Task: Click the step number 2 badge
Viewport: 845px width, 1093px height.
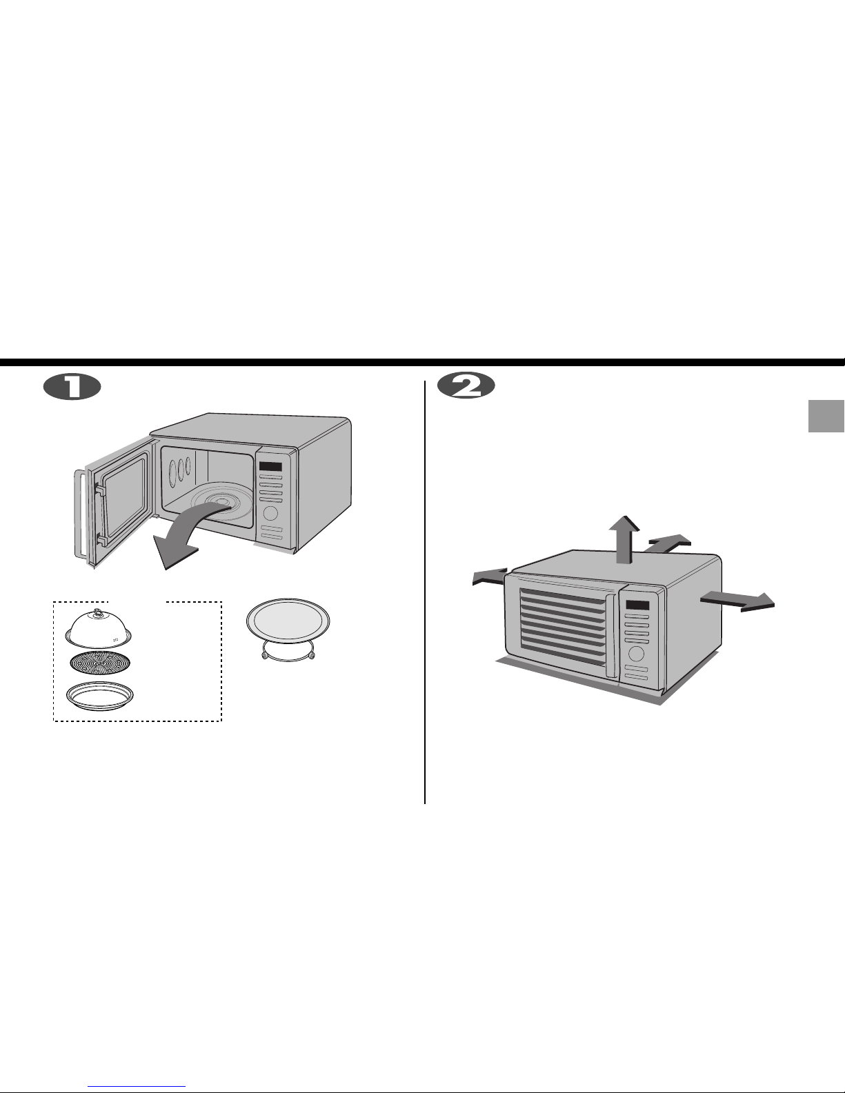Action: click(466, 386)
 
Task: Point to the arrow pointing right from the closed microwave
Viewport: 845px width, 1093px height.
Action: click(737, 601)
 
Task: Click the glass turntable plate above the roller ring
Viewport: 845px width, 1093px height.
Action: click(288, 620)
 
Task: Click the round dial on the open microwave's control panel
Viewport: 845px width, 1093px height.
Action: click(270, 513)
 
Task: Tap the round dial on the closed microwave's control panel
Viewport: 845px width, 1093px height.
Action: click(636, 653)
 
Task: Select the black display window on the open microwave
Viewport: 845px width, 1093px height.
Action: click(270, 466)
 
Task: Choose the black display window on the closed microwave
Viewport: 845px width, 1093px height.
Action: click(638, 605)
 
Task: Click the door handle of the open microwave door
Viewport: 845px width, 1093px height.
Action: click(79, 514)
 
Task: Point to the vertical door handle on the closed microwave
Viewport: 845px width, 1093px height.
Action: click(612, 636)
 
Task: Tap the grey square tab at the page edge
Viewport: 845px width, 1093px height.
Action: click(826, 416)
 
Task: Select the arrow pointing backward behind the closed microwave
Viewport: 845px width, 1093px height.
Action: click(668, 543)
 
